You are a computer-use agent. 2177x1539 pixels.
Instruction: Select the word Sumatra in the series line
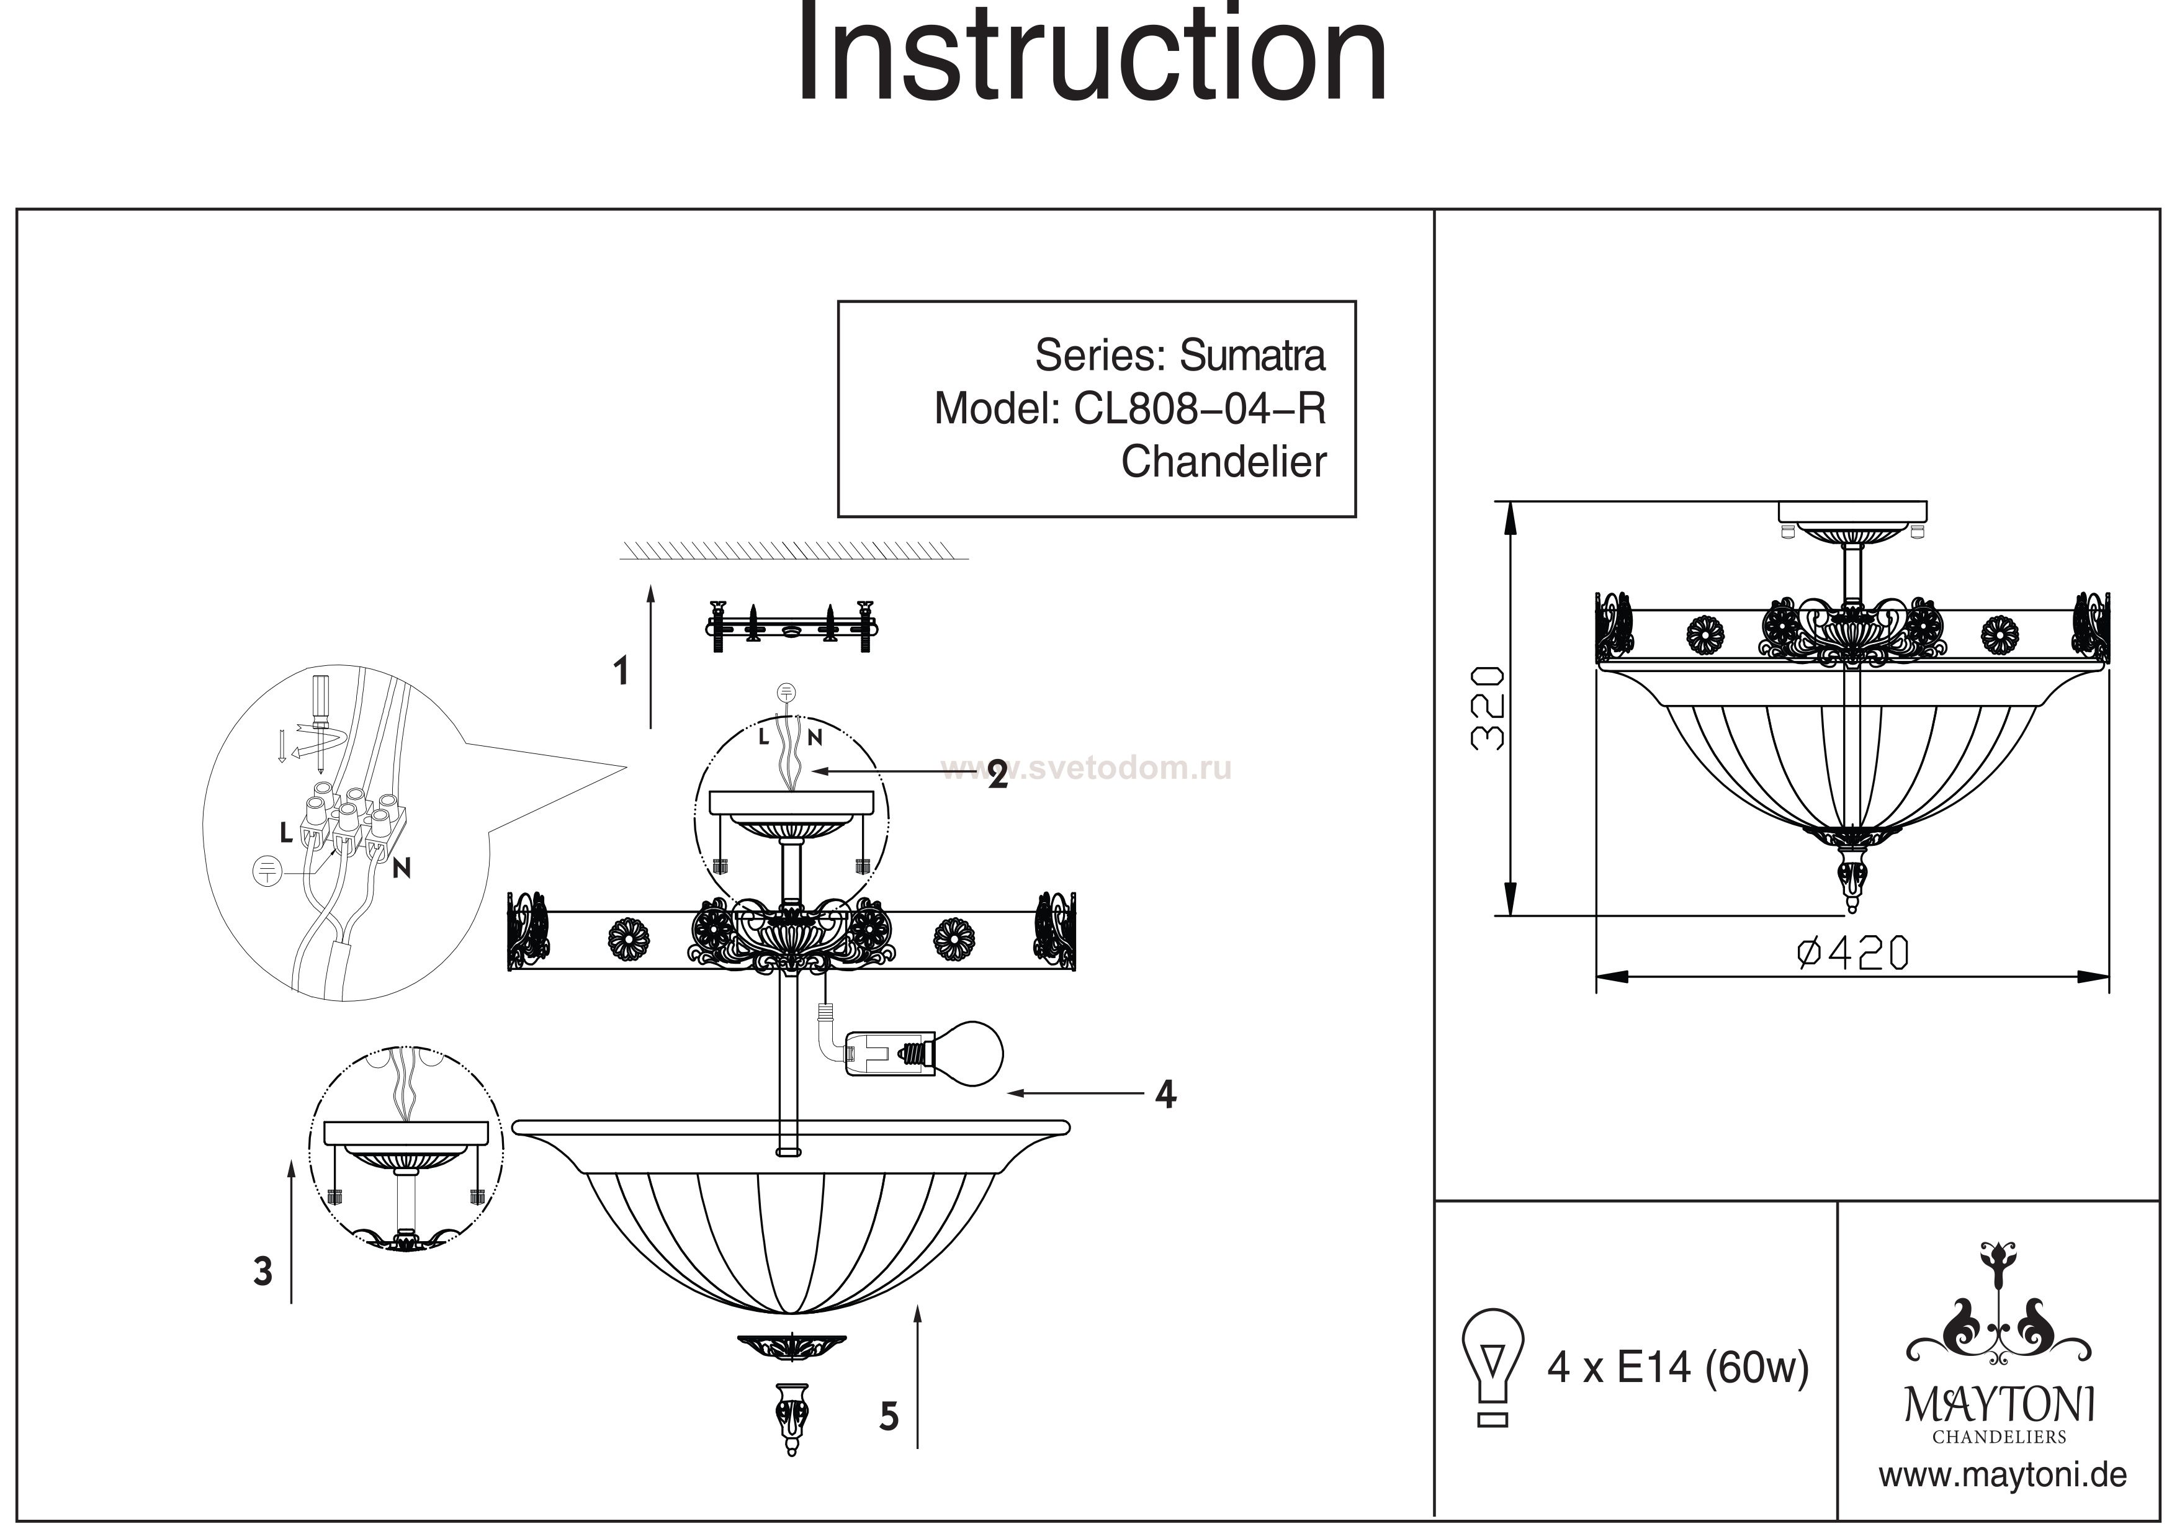pos(1252,356)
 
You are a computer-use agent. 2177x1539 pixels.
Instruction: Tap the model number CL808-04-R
pos(1200,409)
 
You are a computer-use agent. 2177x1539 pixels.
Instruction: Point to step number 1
pos(621,671)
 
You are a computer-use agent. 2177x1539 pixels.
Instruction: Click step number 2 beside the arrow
pos(997,774)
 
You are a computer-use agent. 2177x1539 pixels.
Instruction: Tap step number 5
pos(889,1417)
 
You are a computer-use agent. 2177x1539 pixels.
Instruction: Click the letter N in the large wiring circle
pos(402,867)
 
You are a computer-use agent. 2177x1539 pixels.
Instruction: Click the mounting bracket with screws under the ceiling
pos(792,626)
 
